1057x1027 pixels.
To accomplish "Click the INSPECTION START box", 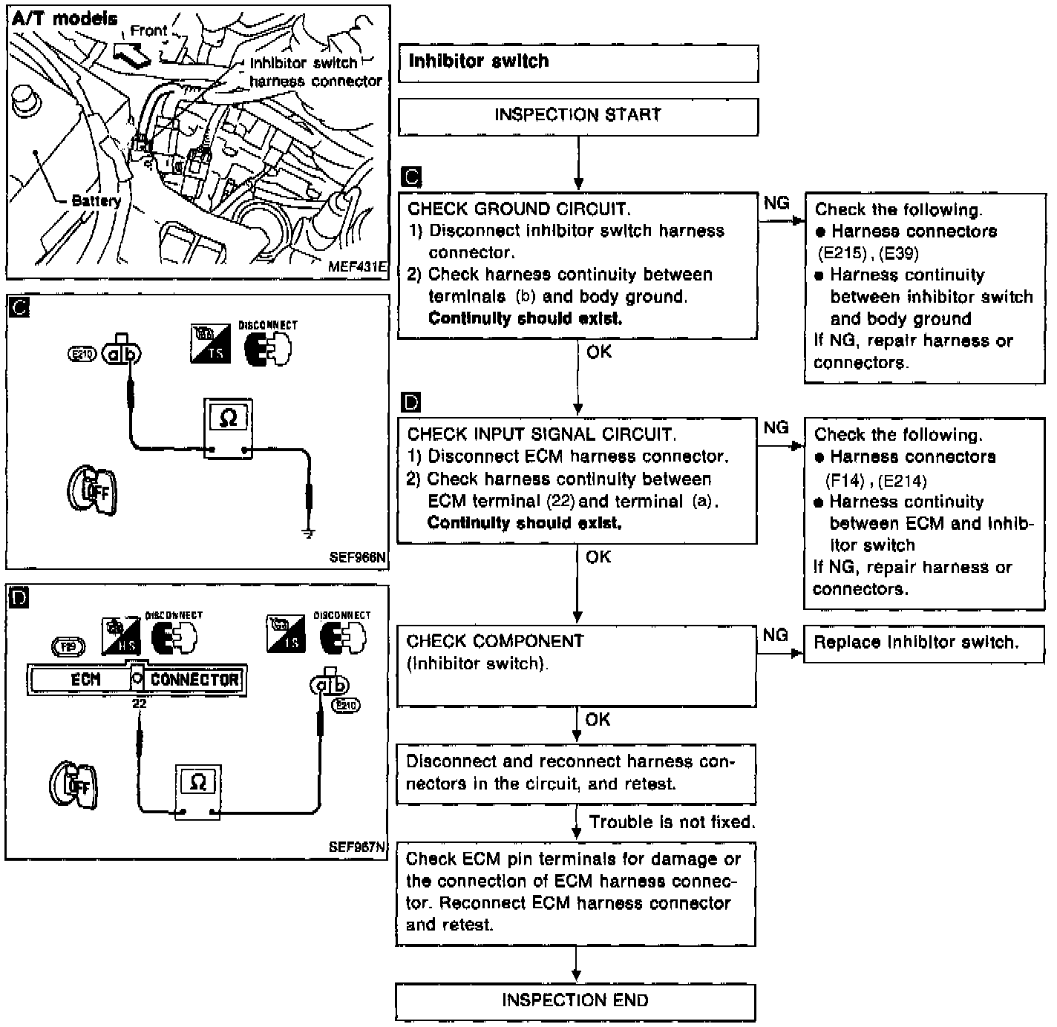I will click(577, 116).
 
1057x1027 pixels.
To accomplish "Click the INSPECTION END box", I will click(575, 1001).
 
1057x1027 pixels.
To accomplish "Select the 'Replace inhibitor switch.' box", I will click(916, 643).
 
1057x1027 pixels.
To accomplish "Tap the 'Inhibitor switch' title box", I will click(577, 62).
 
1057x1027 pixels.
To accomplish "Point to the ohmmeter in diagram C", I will click(229, 427).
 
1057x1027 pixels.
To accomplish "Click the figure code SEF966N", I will click(359, 557).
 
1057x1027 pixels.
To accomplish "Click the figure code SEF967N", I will click(358, 847).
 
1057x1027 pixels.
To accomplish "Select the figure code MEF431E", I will click(357, 267).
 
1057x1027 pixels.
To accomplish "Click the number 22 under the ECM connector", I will click(139, 703).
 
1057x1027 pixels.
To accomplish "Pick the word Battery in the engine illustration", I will click(96, 201).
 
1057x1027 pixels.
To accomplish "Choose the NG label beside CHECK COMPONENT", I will click(775, 635).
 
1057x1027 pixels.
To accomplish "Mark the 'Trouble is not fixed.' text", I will click(672, 822).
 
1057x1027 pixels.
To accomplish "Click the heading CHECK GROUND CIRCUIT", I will click(519, 209).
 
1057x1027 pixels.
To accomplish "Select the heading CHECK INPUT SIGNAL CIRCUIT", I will click(541, 435).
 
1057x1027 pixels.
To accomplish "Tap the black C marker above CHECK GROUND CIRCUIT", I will click(410, 177).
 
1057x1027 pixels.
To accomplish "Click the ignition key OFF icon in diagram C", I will click(94, 489).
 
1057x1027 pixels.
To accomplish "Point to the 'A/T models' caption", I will click(65, 19).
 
